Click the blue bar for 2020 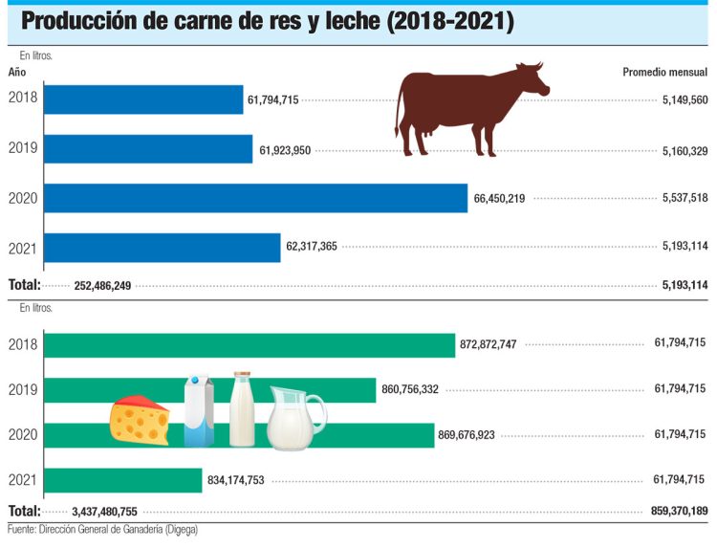click(x=255, y=198)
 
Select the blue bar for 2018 click(x=143, y=99)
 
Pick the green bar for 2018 click(x=250, y=344)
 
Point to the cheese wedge click(x=140, y=421)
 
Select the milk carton click(x=199, y=411)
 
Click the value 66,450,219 click(x=501, y=198)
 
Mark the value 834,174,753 click(x=244, y=481)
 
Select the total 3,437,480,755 click(x=105, y=512)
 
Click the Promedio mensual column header click(x=664, y=72)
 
